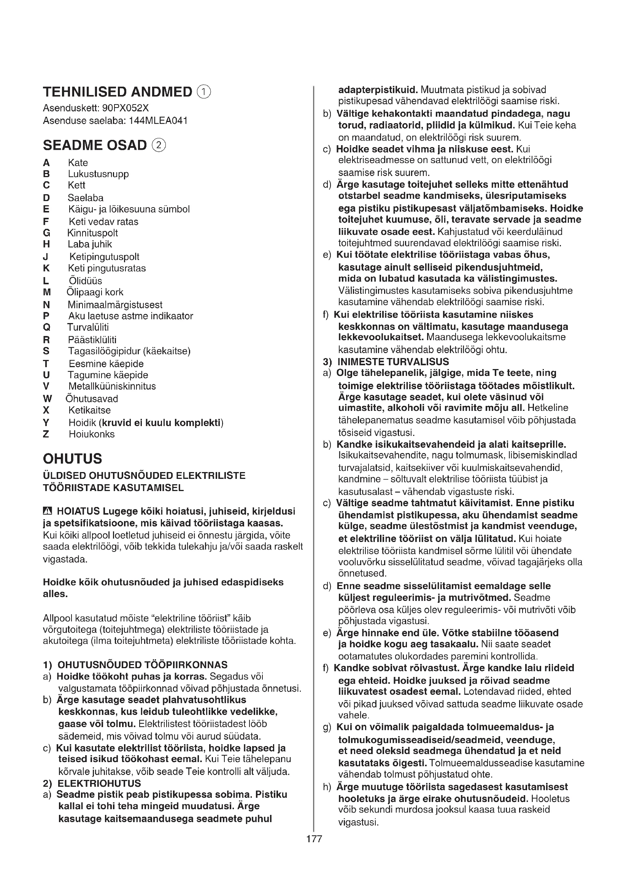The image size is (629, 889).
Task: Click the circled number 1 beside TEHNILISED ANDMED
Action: coord(204,92)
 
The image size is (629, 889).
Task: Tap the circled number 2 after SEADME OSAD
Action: coord(159,145)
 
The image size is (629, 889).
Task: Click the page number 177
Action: coord(314,839)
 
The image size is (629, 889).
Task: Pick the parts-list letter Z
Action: coord(46,434)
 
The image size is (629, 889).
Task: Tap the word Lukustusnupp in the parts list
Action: coord(98,174)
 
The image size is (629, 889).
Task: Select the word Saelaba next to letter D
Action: coord(86,198)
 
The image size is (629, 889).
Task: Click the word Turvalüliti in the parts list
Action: coord(88,327)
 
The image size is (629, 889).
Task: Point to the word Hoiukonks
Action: coord(92,434)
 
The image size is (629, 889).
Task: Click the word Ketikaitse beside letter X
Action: coord(89,410)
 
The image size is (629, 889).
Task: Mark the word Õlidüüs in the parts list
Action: coord(85,281)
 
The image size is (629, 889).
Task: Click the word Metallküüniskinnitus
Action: coord(112,386)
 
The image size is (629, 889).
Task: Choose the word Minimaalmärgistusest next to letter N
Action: coord(115,305)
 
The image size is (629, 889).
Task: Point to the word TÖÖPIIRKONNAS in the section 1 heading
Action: coord(186,665)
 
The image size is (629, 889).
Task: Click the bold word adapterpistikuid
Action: coord(378,90)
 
